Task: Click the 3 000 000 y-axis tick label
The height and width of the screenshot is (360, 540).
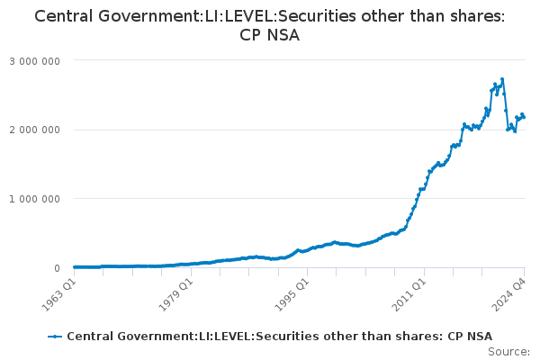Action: click(35, 60)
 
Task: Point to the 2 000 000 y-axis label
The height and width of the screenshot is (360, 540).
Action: click(35, 130)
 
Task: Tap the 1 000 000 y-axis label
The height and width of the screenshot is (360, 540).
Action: click(35, 199)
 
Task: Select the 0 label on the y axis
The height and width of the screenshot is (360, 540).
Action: click(57, 268)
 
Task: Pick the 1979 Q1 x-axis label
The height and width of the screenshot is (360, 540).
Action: click(176, 293)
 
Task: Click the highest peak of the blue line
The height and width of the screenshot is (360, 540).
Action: click(502, 78)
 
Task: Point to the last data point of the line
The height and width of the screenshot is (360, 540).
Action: click(525, 118)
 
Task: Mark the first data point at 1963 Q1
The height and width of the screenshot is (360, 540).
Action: click(74, 267)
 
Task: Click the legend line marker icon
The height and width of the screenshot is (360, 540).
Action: click(55, 336)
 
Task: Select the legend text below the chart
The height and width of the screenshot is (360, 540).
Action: click(279, 336)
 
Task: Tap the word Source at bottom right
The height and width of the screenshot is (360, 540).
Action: click(510, 352)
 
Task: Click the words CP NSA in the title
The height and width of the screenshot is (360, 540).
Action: click(270, 35)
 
